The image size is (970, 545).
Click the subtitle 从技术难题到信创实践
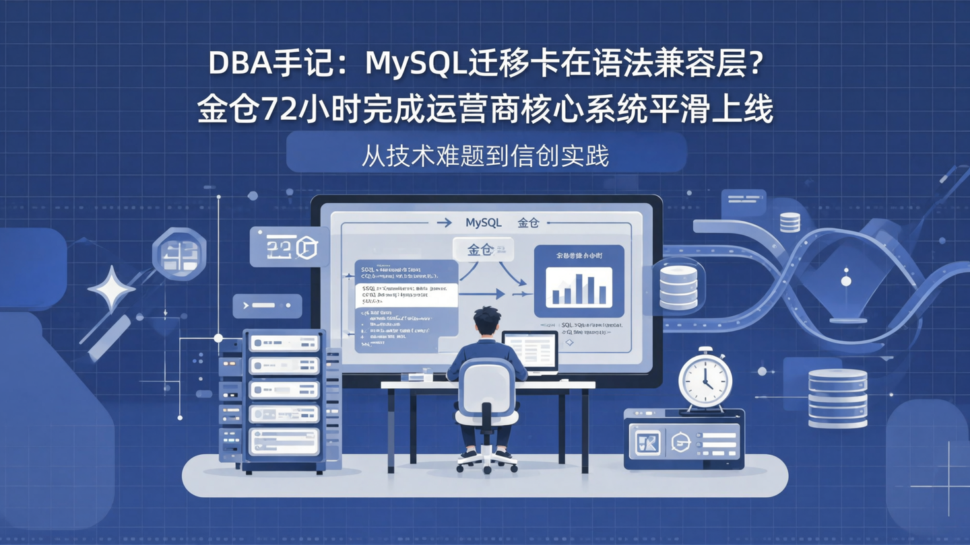pyautogui.click(x=485, y=155)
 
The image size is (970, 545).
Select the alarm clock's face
pyautogui.click(x=705, y=380)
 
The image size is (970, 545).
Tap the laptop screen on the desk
pyautogui.click(x=531, y=351)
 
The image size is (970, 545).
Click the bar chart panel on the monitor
pyautogui.click(x=579, y=281)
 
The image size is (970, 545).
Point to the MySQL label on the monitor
pyautogui.click(x=483, y=223)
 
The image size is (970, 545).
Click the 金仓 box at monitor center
pyautogui.click(x=483, y=250)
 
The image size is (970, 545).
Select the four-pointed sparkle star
pyautogui.click(x=111, y=289)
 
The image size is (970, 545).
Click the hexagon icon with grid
pyautogui.click(x=179, y=254)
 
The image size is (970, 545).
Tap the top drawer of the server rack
pyautogui.click(x=284, y=343)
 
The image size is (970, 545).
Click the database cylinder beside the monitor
pyautogui.click(x=678, y=287)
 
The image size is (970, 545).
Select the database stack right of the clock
pyautogui.click(x=837, y=398)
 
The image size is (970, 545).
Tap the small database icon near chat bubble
pyautogui.click(x=789, y=222)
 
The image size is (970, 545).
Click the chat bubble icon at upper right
pyautogui.click(x=744, y=200)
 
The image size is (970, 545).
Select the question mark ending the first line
pyautogui.click(x=755, y=65)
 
